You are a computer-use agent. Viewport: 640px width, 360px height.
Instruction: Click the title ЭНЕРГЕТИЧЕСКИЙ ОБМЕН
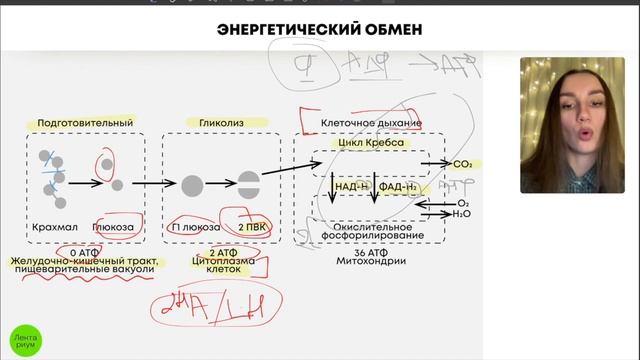click(x=319, y=30)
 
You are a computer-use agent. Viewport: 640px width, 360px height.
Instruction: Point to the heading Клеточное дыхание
click(x=371, y=123)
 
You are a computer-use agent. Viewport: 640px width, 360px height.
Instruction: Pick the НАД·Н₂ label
click(x=351, y=187)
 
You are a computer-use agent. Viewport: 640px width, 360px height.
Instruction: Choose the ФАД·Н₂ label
click(x=398, y=187)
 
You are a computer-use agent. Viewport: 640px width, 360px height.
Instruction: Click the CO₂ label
click(x=462, y=163)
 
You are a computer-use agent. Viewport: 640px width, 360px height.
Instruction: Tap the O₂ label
click(x=463, y=203)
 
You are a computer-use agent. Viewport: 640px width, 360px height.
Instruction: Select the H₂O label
click(x=462, y=214)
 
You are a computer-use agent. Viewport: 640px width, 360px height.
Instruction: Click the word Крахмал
click(x=54, y=227)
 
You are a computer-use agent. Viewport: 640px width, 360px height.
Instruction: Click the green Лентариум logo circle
click(x=26, y=337)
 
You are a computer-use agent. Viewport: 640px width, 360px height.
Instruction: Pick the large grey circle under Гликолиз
click(x=192, y=184)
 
